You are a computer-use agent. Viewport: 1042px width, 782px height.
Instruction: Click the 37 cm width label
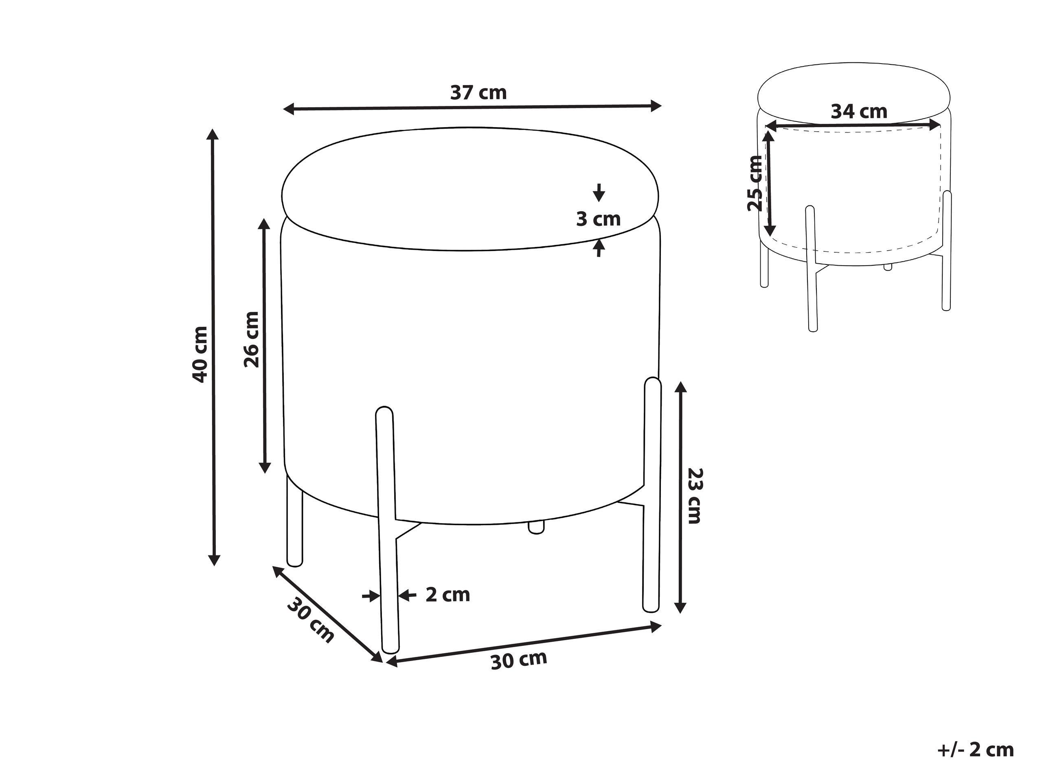[x=478, y=93]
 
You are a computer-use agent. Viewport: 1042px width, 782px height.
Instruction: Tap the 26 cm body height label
[x=252, y=339]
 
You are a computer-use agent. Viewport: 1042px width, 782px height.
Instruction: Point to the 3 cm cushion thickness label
[x=598, y=219]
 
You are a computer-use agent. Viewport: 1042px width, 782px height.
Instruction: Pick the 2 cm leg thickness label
[x=448, y=595]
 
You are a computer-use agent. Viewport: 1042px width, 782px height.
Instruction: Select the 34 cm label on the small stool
[x=858, y=112]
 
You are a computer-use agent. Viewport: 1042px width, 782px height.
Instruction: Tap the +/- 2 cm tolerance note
[x=976, y=749]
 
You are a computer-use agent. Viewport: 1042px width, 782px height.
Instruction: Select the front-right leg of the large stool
[x=652, y=495]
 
